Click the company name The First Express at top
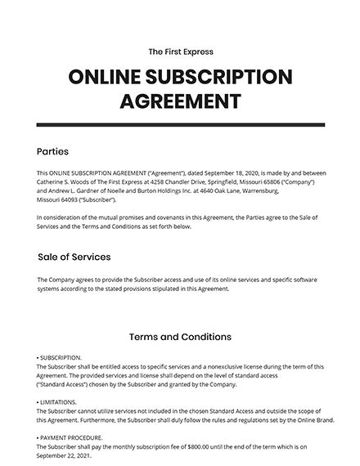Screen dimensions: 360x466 (x=181, y=52)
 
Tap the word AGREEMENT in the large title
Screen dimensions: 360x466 (x=181, y=102)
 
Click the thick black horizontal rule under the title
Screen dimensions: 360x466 (x=181, y=125)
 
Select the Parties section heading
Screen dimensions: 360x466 (x=53, y=152)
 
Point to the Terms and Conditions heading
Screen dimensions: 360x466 (x=181, y=337)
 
